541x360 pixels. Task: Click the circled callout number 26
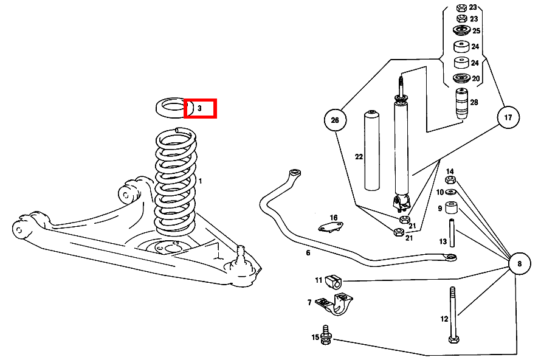coord(335,120)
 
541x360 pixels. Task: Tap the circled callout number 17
coord(508,117)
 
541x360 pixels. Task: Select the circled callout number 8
coord(520,264)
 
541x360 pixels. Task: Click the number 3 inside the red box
coord(199,108)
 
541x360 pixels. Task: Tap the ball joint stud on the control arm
coord(241,254)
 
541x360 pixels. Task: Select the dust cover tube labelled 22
coord(372,150)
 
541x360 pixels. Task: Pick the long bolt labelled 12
coord(453,314)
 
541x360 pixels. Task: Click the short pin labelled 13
coord(452,233)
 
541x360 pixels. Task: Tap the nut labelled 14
coord(450,180)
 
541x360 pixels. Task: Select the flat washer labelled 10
coord(451,192)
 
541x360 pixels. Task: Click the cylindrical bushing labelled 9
coord(452,207)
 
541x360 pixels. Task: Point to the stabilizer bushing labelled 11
coord(333,282)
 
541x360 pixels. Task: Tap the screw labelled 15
coord(325,335)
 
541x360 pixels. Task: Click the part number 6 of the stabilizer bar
coord(308,253)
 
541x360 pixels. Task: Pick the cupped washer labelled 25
coord(461,30)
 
